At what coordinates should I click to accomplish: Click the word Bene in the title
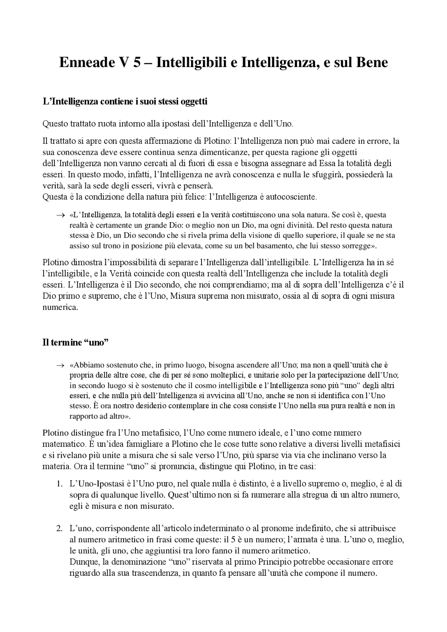(x=372, y=63)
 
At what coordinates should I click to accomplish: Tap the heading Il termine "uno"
(x=75, y=342)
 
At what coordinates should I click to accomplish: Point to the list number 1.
(x=59, y=484)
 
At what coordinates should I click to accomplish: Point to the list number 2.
(x=59, y=529)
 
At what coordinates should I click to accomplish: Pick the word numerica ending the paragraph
(x=59, y=307)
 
